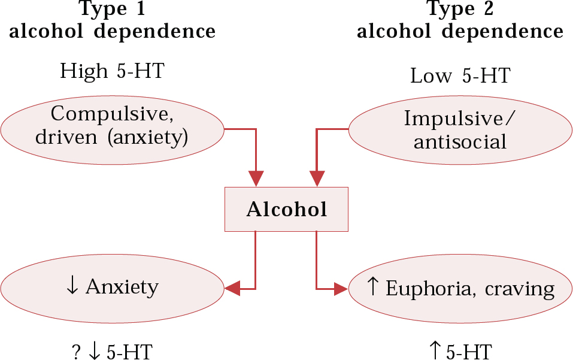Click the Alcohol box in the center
click(x=286, y=209)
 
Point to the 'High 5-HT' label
click(x=112, y=72)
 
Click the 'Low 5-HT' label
click(x=460, y=76)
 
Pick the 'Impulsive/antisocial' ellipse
click(x=460, y=130)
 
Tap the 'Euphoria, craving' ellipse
click(x=460, y=289)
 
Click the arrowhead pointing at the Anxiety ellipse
click(x=232, y=288)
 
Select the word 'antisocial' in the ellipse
click(x=460, y=142)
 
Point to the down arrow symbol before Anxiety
click(x=72, y=286)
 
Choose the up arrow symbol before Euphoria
click(x=372, y=287)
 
